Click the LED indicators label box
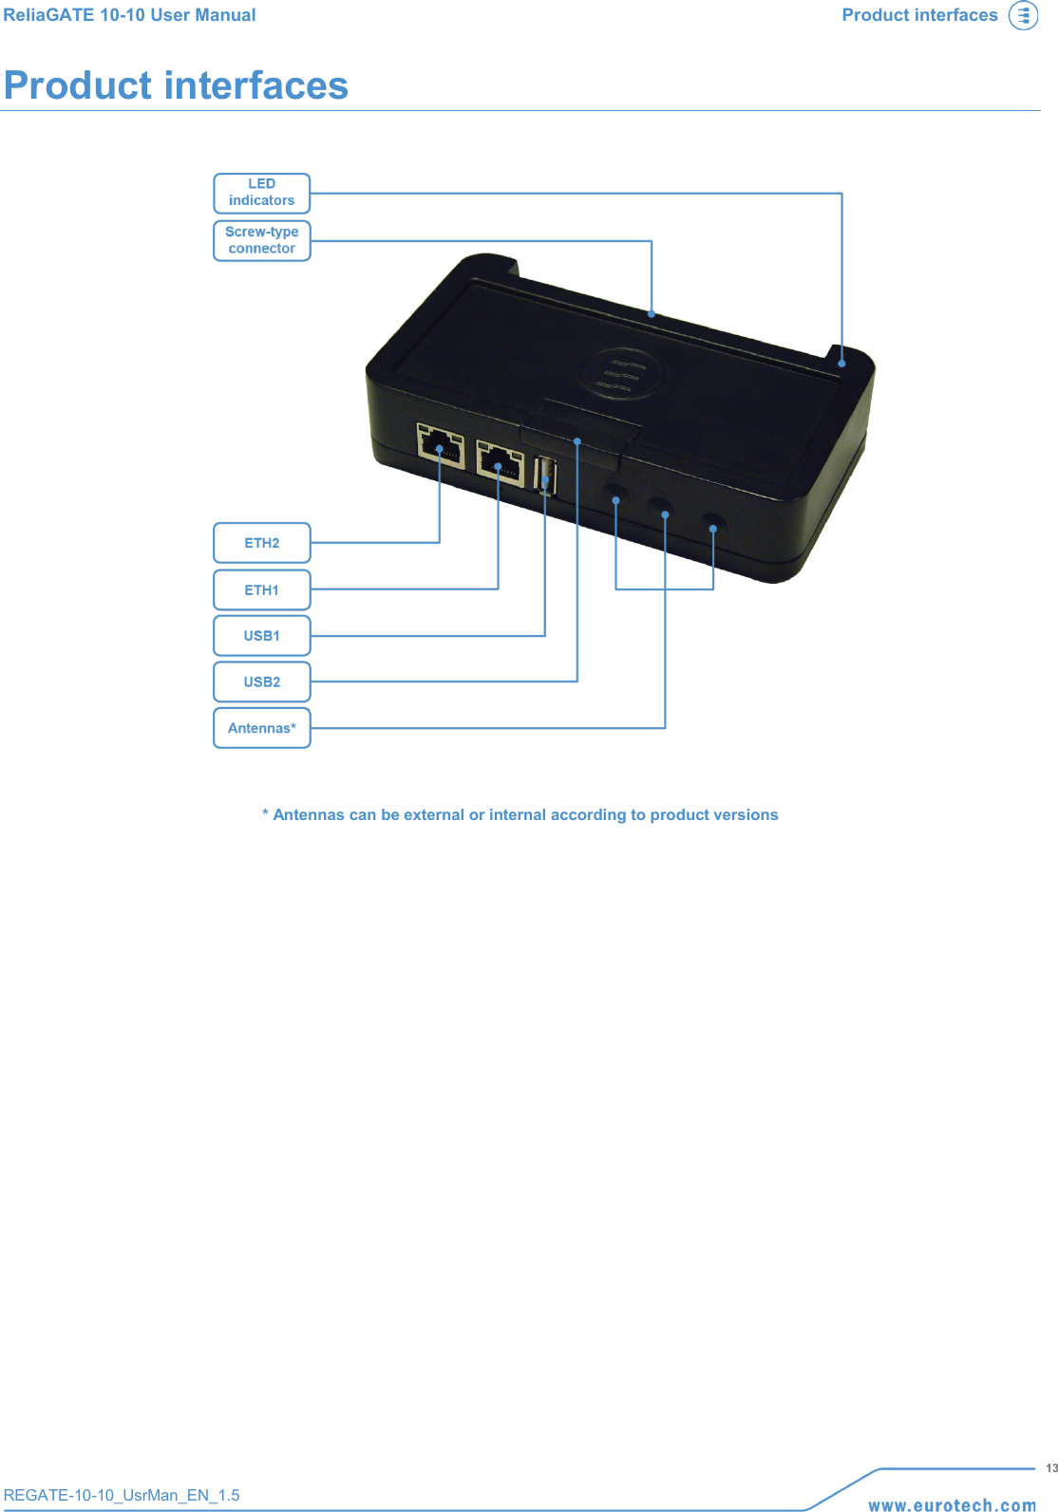(x=262, y=193)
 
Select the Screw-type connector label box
(x=262, y=240)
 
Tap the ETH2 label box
(x=262, y=543)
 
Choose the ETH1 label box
(x=262, y=589)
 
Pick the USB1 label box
(x=262, y=636)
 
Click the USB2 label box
(x=262, y=681)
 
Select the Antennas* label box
(x=262, y=728)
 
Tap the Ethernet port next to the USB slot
(x=500, y=463)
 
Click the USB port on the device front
(x=546, y=476)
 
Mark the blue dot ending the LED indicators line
(x=841, y=363)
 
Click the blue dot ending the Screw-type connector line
(x=652, y=313)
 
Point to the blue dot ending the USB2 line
(x=577, y=441)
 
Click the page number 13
(x=1051, y=1468)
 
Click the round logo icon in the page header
(x=1023, y=16)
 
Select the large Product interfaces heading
(x=177, y=85)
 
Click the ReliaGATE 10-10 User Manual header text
(x=130, y=15)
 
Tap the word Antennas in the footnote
(x=309, y=814)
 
